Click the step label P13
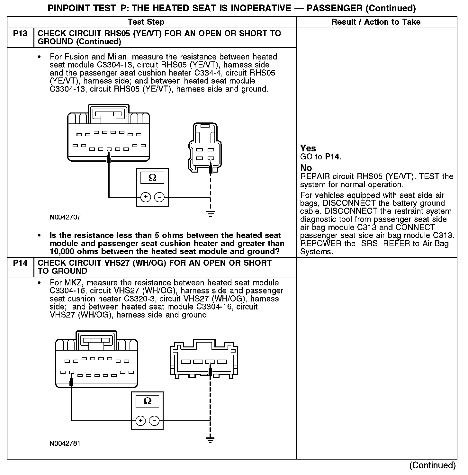coord(20,33)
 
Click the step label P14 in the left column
coord(20,263)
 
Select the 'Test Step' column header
coord(146,22)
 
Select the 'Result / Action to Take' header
coord(376,22)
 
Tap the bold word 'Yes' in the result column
coord(308,148)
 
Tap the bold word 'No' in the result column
coord(306,168)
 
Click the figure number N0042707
coord(65,217)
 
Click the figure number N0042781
coord(65,444)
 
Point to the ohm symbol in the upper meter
coord(153,177)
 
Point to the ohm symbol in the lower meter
coord(148,401)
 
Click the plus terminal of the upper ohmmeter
coord(145,197)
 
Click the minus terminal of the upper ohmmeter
coord(160,197)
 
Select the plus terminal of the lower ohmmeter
coord(140,420)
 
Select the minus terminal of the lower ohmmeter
coord(155,420)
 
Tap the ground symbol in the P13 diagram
coord(211,213)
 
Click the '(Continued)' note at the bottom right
coord(432,465)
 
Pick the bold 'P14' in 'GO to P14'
coord(332,157)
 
